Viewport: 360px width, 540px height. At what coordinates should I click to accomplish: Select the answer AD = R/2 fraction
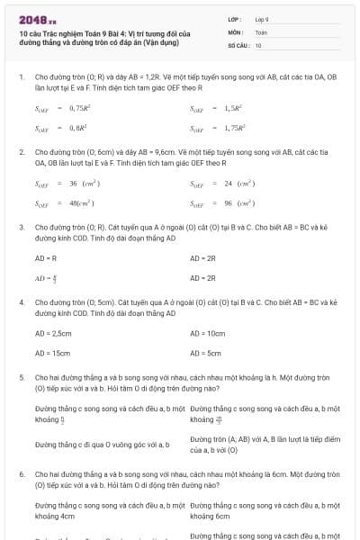(46, 278)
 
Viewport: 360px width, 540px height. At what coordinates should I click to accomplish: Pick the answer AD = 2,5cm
(52, 333)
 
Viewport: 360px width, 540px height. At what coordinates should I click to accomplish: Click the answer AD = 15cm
(52, 353)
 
